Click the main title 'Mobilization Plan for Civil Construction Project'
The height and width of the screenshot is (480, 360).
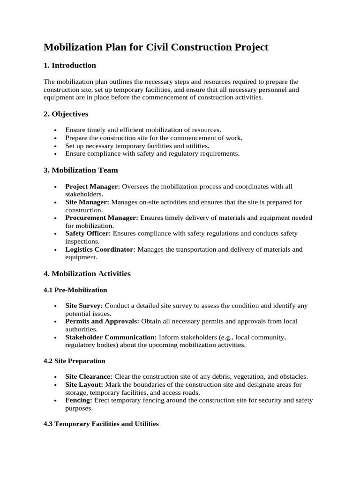click(156, 47)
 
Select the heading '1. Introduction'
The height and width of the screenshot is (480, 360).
click(70, 65)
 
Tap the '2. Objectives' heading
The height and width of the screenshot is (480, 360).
click(66, 114)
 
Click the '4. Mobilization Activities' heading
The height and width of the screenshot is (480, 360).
click(87, 273)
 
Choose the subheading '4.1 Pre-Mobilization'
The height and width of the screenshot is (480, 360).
click(75, 290)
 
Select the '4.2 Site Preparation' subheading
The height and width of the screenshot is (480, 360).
click(75, 361)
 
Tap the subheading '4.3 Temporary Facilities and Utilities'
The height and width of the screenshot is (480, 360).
click(101, 424)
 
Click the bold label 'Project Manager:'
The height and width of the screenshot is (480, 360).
click(93, 187)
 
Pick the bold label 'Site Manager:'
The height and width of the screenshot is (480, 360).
click(87, 202)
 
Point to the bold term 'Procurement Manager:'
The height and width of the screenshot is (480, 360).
click(102, 218)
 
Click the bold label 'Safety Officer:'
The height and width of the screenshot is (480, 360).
click(88, 233)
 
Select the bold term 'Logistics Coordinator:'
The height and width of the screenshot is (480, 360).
click(100, 249)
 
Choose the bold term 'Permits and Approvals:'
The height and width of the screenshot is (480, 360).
click(102, 322)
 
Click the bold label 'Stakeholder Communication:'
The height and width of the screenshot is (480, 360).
click(111, 337)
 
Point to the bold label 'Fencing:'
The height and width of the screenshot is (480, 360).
click(79, 400)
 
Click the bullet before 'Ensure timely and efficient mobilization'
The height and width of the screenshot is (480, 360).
click(56, 130)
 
